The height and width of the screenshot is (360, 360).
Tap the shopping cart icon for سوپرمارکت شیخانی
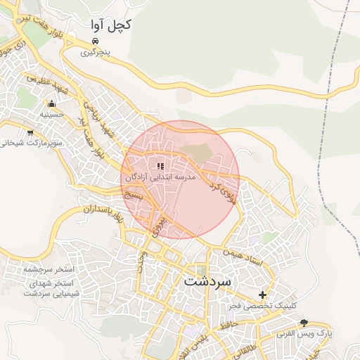click(30, 132)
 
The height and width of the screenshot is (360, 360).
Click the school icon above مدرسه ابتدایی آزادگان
click(160, 167)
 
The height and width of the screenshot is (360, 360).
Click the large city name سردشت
click(207, 281)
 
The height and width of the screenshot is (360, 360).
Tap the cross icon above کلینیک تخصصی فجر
click(263, 295)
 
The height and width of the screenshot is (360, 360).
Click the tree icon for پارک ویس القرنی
click(304, 323)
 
